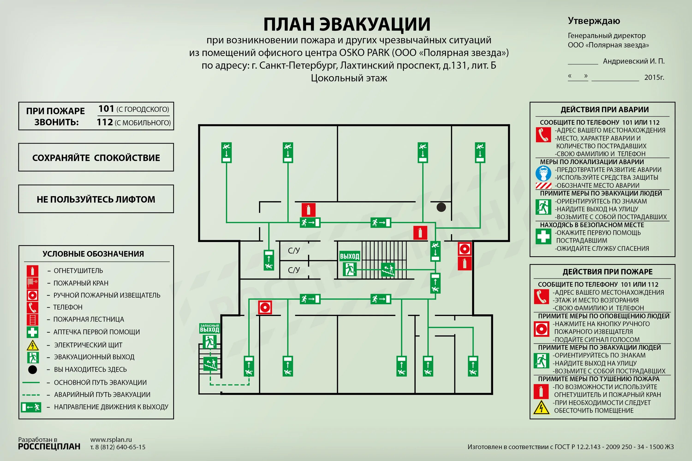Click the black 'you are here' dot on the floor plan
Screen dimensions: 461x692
coord(441,207)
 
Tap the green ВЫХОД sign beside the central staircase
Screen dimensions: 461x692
coord(349,256)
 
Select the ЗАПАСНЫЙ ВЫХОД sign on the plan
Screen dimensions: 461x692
coord(209,328)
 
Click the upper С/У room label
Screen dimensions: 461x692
coord(294,251)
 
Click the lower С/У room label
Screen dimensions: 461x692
coord(294,270)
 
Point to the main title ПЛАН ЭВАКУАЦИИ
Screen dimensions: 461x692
coord(347,24)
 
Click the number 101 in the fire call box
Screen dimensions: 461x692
coord(106,109)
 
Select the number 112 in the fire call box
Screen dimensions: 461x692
coord(105,122)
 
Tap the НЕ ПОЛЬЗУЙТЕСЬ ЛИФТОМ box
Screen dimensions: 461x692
coord(96,199)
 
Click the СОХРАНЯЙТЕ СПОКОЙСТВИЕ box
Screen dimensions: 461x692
coord(96,158)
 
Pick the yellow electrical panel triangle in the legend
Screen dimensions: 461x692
coord(32,345)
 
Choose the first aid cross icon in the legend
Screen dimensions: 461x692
coord(32,332)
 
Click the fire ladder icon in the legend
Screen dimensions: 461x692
coord(32,319)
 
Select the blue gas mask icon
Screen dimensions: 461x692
coord(543,174)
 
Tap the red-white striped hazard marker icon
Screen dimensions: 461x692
coord(543,186)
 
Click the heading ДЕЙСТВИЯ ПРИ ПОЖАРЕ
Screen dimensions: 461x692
coord(607,272)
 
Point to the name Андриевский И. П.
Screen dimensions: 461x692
coord(634,61)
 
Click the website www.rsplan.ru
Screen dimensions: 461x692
coord(111,440)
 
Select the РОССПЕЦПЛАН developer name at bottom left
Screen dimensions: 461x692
coord(49,447)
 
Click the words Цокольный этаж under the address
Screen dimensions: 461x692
coord(349,78)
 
